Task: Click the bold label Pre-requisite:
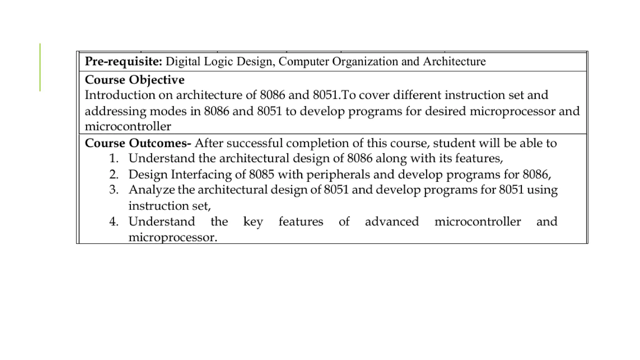123,62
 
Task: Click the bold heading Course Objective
134,80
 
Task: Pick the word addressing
115,111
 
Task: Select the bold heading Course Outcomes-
138,143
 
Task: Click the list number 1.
114,158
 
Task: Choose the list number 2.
114,174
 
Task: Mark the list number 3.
114,190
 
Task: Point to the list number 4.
114,222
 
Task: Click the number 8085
261,174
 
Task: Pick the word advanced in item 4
392,222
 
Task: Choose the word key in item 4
253,222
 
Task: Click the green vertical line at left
40,67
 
